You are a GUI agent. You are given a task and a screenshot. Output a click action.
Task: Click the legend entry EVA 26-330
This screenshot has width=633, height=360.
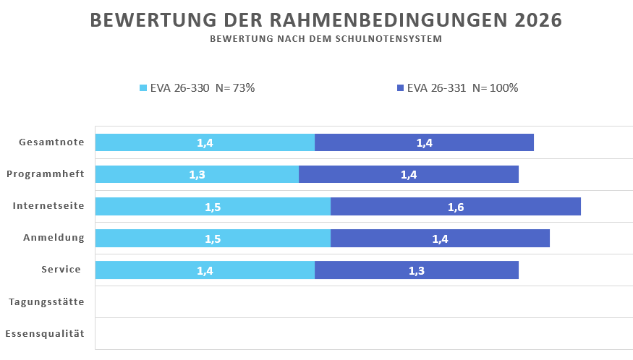pos(197,88)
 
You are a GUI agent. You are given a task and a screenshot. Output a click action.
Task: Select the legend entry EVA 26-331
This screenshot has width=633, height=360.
pos(457,88)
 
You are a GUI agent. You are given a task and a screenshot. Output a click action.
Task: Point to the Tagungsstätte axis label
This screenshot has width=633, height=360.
pos(46,302)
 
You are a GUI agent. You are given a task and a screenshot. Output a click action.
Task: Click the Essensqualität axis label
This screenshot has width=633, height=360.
pos(45,334)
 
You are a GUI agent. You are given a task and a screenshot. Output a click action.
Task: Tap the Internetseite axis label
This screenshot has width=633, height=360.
pos(48,206)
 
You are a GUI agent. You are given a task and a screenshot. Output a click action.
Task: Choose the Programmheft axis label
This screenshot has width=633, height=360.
pos(46,174)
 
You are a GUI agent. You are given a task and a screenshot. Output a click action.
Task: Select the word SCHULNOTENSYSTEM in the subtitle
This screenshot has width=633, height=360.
pos(391,39)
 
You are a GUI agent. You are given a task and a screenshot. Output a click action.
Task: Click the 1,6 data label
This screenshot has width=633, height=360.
pos(456,207)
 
